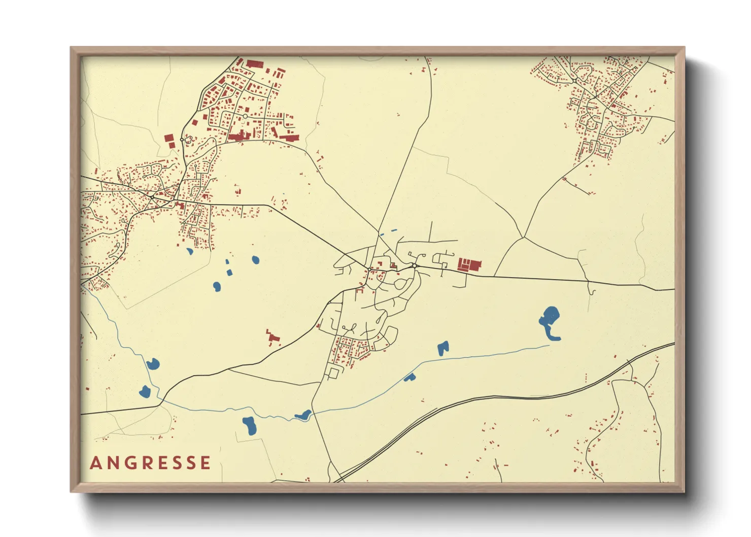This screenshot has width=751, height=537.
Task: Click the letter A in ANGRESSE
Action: click(x=96, y=463)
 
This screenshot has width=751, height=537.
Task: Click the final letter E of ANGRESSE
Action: click(x=206, y=463)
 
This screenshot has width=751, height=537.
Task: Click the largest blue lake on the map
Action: click(x=549, y=321)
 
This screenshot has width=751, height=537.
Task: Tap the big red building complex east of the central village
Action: click(x=469, y=265)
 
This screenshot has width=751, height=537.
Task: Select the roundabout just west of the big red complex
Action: click(x=415, y=265)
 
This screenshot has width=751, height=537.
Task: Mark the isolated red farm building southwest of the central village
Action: click(x=273, y=337)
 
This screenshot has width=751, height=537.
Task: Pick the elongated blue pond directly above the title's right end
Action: click(x=249, y=425)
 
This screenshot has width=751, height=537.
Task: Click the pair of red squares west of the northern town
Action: click(x=170, y=140)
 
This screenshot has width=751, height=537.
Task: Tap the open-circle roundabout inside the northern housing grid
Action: click(x=245, y=116)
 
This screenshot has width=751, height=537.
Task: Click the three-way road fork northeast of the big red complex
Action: click(x=523, y=237)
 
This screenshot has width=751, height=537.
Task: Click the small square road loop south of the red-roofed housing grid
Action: click(x=333, y=373)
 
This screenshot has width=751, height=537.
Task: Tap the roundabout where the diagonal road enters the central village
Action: click(x=368, y=267)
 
